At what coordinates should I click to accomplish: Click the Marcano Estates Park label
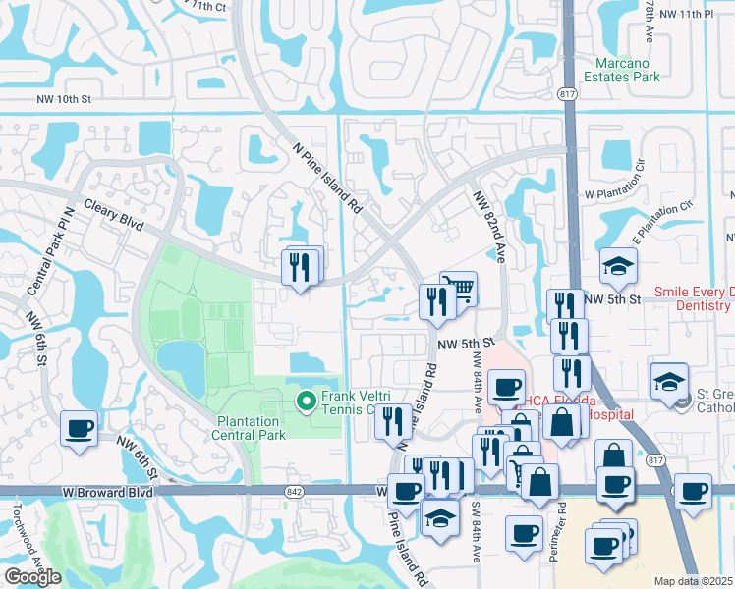click(622, 70)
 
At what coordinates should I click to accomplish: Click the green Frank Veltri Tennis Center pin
click(305, 401)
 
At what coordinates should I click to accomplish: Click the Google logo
click(32, 576)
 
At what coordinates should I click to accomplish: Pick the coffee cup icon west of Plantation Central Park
click(80, 428)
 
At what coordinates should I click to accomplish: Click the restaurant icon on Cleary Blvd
click(301, 264)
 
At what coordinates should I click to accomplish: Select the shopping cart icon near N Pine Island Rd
click(459, 289)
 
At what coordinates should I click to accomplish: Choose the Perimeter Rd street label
click(562, 526)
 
